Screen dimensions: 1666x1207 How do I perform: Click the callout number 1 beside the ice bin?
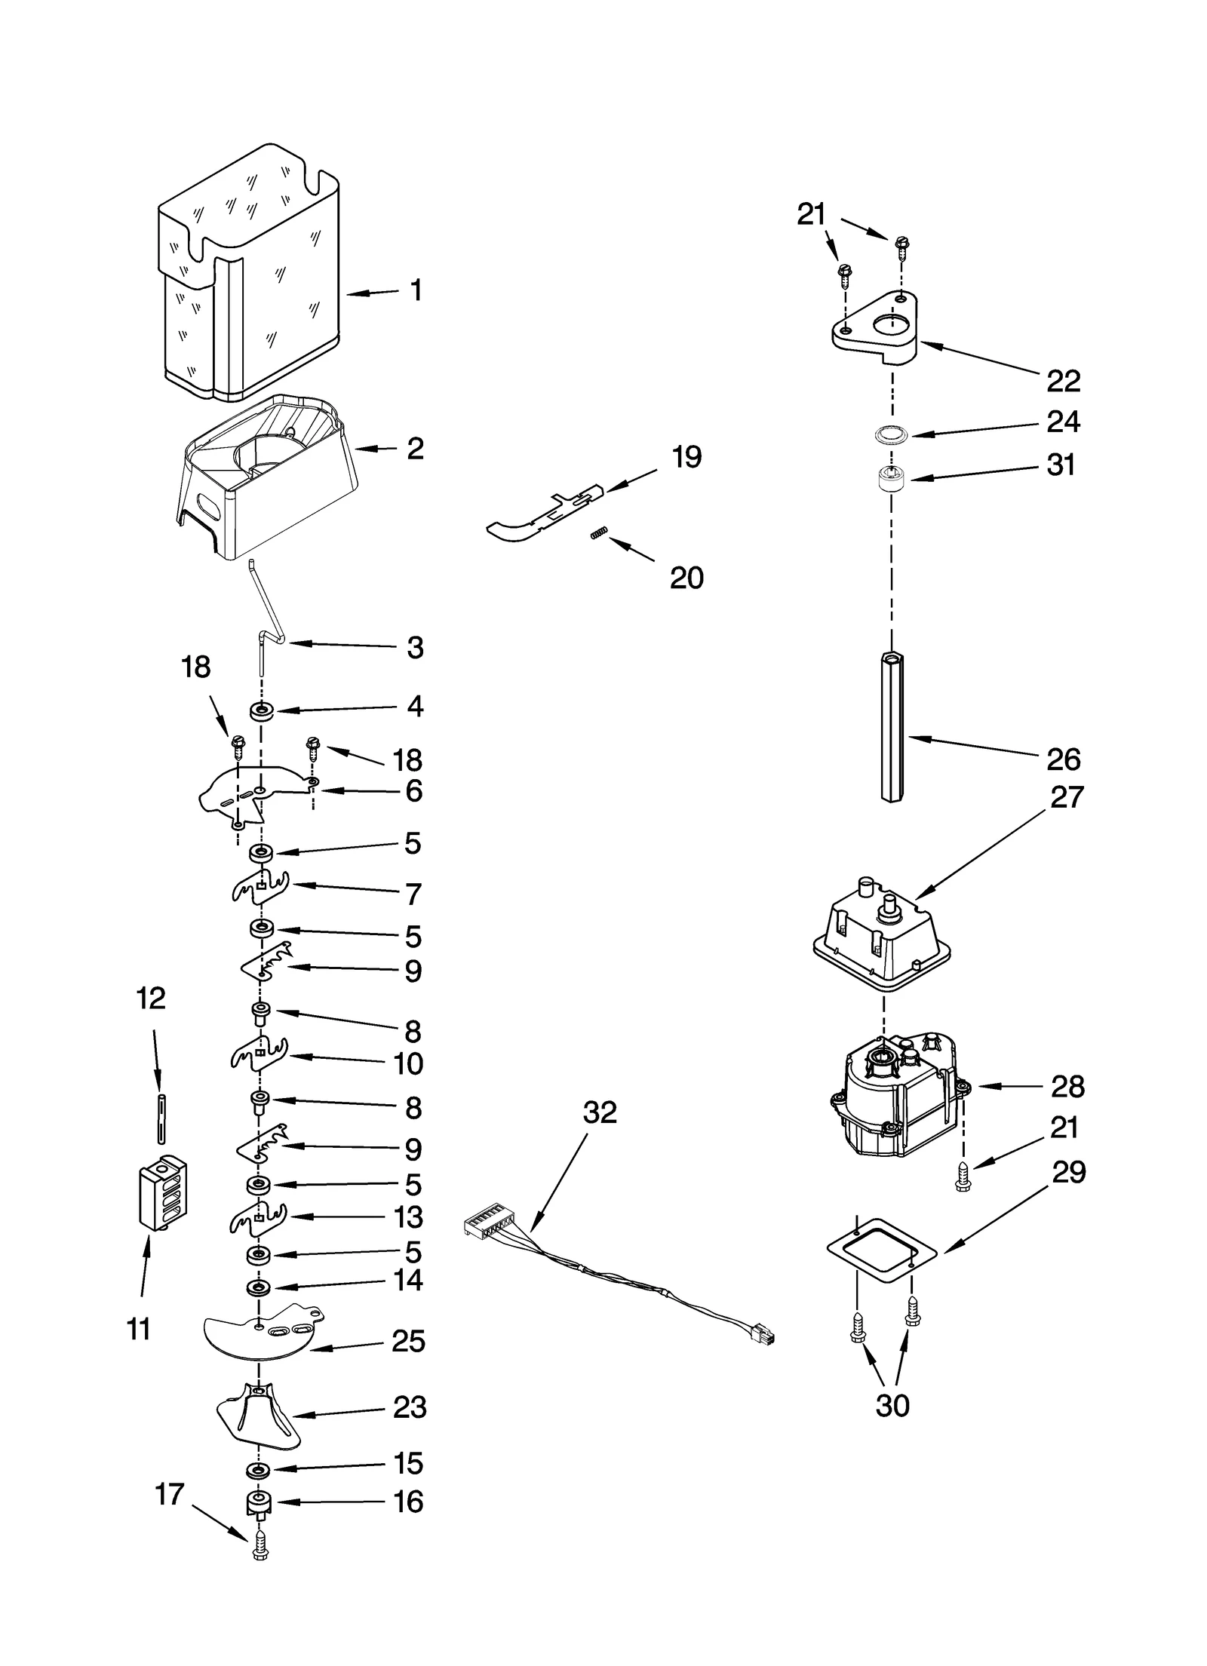pyautogui.click(x=416, y=290)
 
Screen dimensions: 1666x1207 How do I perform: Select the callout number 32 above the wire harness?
pyautogui.click(x=600, y=1112)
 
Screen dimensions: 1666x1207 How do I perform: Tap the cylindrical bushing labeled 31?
pyautogui.click(x=892, y=477)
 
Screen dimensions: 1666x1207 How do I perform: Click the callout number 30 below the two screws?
pyautogui.click(x=892, y=1406)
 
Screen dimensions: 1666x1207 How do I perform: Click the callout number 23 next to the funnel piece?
pyautogui.click(x=410, y=1407)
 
